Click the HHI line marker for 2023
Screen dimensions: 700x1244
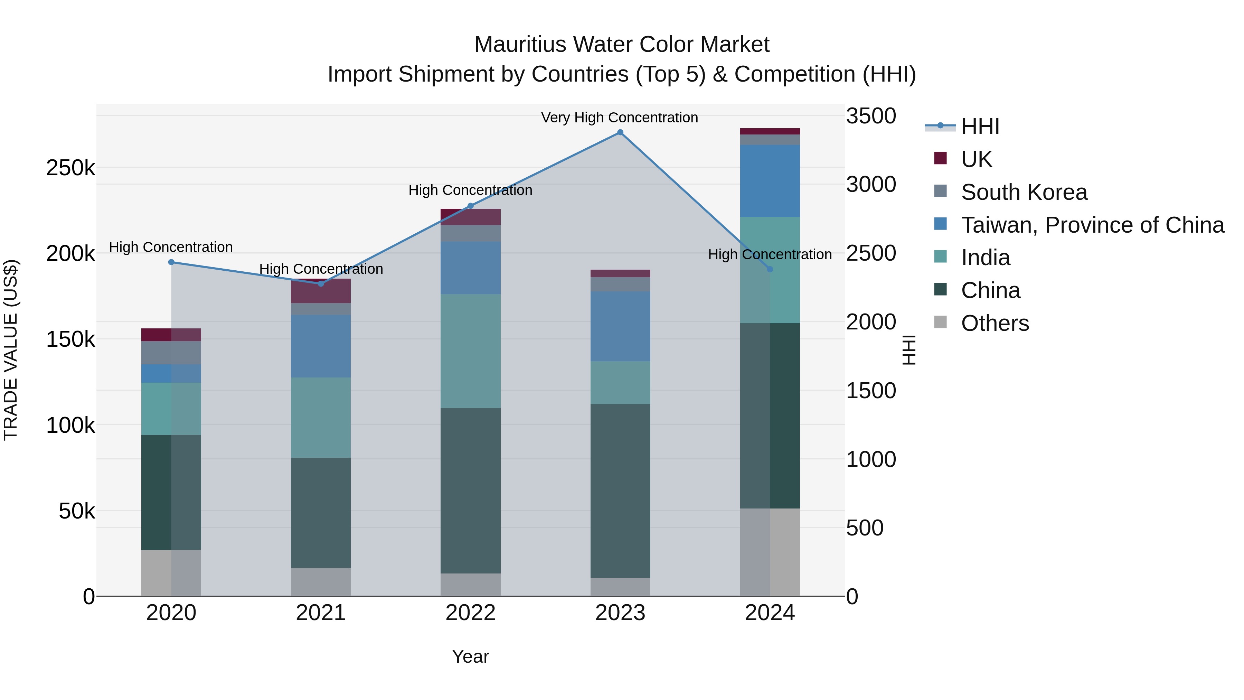pyautogui.click(x=620, y=132)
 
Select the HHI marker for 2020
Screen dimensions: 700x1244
pyautogui.click(x=171, y=262)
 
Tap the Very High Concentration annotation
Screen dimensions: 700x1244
pyautogui.click(x=619, y=118)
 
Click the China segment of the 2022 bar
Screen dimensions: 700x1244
pyautogui.click(x=470, y=490)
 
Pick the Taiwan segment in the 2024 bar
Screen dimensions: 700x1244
pyautogui.click(x=770, y=181)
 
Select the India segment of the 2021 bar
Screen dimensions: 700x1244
pyautogui.click(x=321, y=417)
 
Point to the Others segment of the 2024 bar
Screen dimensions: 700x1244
pyautogui.click(x=770, y=552)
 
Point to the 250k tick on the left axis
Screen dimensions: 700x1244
pyautogui.click(x=70, y=168)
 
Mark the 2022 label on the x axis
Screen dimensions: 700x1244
pyautogui.click(x=470, y=613)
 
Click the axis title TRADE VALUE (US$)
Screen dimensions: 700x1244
pyautogui.click(x=11, y=350)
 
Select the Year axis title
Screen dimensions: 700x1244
pyautogui.click(x=470, y=656)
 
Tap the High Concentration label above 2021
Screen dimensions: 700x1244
pyautogui.click(x=321, y=269)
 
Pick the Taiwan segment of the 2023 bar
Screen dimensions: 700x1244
pyautogui.click(x=620, y=326)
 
